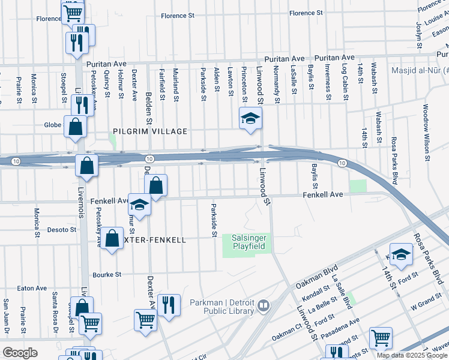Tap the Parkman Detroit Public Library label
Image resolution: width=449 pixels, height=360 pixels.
[x=221, y=306]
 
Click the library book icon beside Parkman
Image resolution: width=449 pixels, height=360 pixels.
[x=262, y=307]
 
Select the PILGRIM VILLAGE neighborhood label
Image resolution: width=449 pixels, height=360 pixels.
[x=150, y=131]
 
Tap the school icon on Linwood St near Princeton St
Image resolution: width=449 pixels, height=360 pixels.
[x=250, y=118]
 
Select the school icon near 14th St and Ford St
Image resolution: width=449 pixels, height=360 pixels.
[x=401, y=254]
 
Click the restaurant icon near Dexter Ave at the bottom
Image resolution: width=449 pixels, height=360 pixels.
[x=169, y=305]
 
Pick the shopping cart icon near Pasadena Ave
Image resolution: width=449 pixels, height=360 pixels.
[x=380, y=338]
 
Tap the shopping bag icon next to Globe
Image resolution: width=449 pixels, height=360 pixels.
[x=76, y=127]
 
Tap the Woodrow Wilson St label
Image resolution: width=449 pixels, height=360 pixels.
[x=426, y=133]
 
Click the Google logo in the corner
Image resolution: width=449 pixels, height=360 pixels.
[x=20, y=353]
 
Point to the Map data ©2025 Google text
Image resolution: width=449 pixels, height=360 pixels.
[x=411, y=355]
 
